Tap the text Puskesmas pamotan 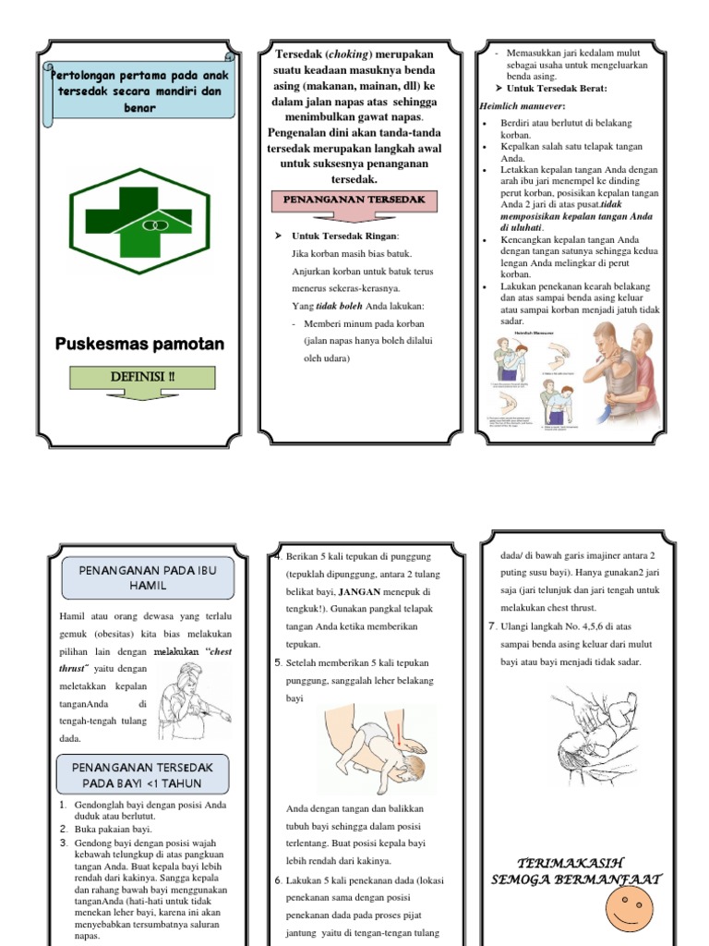[x=139, y=345]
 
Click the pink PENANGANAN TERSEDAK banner [x=347, y=200]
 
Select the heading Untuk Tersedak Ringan [x=345, y=236]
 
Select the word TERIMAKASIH [x=575, y=861]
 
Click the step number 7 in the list [x=492, y=627]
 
